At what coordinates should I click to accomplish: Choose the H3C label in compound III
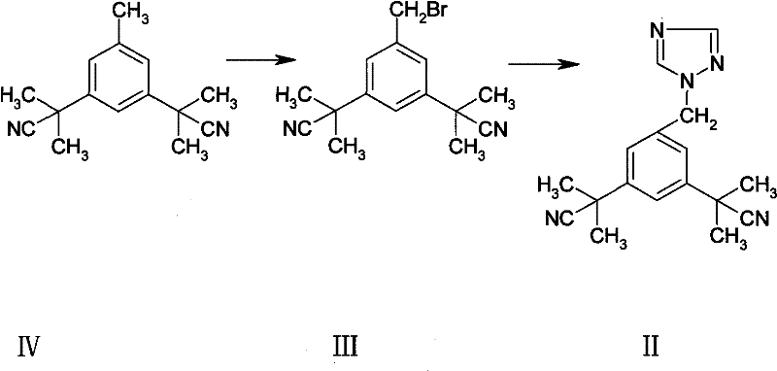coord(291,94)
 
